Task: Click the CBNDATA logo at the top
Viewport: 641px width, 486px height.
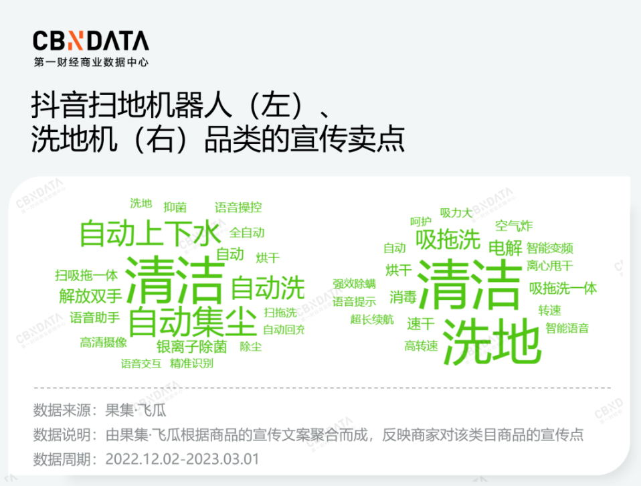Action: pos(91,42)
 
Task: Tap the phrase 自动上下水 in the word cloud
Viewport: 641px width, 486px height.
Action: pos(149,234)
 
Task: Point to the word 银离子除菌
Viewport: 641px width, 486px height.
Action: pos(191,347)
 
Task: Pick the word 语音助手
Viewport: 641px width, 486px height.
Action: pos(95,317)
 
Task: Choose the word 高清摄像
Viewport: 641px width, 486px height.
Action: pos(103,342)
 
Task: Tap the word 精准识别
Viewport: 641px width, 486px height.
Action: pos(191,363)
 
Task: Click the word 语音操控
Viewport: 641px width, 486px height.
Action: pos(238,208)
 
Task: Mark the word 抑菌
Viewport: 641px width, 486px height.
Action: pos(175,208)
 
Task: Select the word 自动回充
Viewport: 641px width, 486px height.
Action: pos(283,329)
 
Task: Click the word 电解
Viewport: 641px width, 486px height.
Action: pos(505,248)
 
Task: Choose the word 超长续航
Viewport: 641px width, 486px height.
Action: pos(371,319)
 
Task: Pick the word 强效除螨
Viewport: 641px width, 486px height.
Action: pos(355,284)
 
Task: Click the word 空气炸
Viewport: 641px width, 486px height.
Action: pos(514,226)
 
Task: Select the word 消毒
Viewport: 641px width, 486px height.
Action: pos(403,297)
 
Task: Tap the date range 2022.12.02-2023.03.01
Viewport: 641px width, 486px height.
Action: pos(182,459)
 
